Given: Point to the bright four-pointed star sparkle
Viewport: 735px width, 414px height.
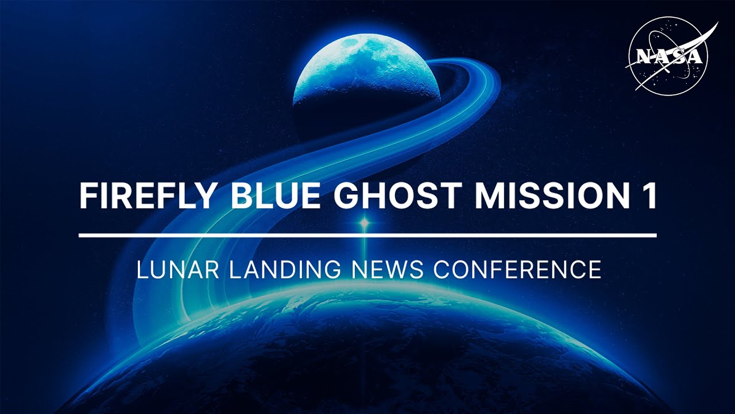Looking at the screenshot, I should (363, 222).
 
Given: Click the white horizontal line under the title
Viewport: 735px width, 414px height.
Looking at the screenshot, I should (367, 235).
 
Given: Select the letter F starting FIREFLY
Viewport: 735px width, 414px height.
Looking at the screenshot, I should (87, 196).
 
